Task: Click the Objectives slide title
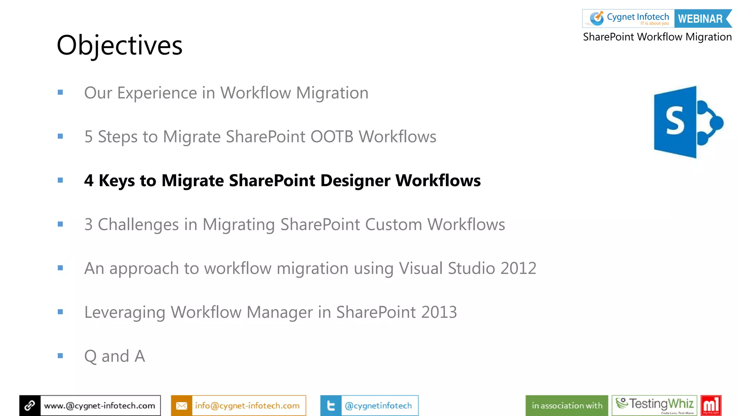pos(119,45)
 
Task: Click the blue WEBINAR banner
pos(701,19)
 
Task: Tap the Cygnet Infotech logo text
pos(637,17)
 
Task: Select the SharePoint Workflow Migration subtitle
pos(657,37)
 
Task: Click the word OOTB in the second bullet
pos(332,137)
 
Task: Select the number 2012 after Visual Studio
pos(518,268)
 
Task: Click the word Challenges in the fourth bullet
pos(138,225)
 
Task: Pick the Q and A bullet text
pos(114,356)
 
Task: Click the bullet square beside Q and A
pos(60,356)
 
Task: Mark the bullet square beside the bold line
pos(60,180)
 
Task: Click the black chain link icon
pos(30,406)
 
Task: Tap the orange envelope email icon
pos(182,406)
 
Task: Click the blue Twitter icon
pos(331,406)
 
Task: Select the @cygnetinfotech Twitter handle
pos(378,406)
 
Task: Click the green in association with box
pos(567,406)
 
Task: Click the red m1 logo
pos(711,406)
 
